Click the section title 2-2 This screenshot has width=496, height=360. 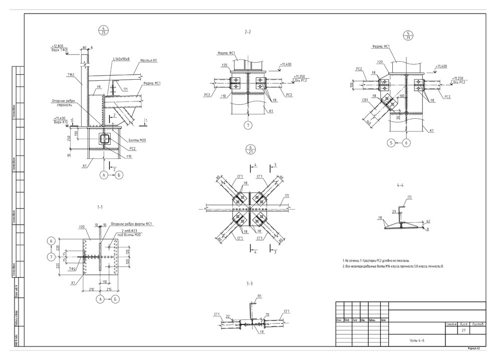coord(247,32)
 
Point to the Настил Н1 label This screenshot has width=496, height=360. coord(149,60)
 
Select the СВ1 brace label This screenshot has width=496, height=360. coord(366,99)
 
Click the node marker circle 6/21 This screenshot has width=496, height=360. coord(252,149)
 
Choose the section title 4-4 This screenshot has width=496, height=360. coord(400,186)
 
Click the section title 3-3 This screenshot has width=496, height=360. coord(250,283)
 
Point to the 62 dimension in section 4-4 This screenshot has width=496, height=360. coord(428,221)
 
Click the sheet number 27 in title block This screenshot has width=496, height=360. coord(463,331)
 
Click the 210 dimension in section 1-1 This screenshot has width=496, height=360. coord(92,289)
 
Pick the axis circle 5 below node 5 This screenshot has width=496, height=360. coord(391,143)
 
